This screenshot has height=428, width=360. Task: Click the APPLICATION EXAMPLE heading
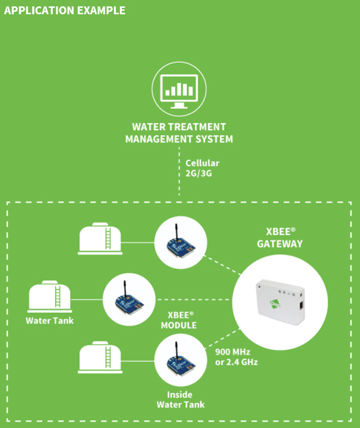[65, 10]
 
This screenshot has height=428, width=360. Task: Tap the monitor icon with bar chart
[179, 91]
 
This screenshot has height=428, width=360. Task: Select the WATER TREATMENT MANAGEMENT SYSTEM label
[179, 133]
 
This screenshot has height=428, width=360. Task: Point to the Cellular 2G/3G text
[202, 168]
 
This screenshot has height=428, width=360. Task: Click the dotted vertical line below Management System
[179, 171]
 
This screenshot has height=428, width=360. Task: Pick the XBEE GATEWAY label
[280, 238]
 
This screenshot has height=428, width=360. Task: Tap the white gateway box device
[280, 302]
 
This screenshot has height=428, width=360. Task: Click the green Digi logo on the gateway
[275, 304]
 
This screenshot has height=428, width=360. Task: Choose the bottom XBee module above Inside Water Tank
[181, 361]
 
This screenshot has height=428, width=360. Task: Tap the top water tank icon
[100, 239]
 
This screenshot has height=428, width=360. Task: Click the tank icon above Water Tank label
[50, 296]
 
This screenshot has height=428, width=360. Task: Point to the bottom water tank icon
[100, 357]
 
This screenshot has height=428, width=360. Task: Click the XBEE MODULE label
[179, 320]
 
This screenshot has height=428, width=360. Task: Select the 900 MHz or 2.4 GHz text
[236, 357]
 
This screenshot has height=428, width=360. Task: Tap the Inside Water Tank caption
[181, 400]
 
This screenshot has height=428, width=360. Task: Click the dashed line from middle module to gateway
[194, 300]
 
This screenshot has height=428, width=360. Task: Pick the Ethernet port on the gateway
[301, 305]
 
